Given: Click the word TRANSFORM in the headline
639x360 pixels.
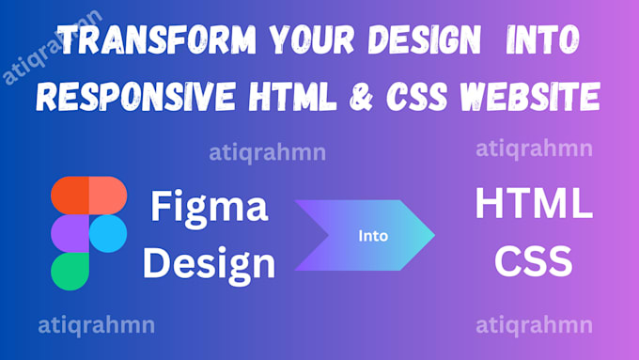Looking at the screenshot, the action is click(157, 40).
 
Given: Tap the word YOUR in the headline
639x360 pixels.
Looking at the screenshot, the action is click(312, 40).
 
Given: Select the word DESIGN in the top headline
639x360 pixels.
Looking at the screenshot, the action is click(424, 40).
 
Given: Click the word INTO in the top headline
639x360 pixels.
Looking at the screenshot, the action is click(542, 40).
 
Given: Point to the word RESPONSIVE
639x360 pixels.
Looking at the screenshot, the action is click(136, 97).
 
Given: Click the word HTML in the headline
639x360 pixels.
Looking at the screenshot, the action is click(292, 97).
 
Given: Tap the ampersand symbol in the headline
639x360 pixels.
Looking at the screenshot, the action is click(362, 97).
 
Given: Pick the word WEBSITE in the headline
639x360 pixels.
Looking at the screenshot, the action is click(530, 97).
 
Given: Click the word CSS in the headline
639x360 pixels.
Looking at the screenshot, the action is click(416, 97).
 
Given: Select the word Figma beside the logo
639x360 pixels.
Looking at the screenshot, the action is click(210, 207).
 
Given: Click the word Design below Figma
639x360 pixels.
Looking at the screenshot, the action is click(209, 264).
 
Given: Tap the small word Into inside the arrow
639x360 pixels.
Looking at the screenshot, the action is click(373, 236).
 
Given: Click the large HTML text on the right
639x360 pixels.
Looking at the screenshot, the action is click(534, 203).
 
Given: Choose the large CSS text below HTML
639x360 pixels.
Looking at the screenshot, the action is click(534, 261).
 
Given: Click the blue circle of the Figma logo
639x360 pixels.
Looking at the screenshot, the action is click(108, 234).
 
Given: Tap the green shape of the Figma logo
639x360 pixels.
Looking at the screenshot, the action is click(70, 272).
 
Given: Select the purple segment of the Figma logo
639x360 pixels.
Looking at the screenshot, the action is click(70, 234).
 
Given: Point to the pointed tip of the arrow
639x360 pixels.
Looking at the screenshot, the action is click(434, 235).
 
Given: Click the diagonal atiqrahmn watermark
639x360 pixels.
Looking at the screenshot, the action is click(53, 47).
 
